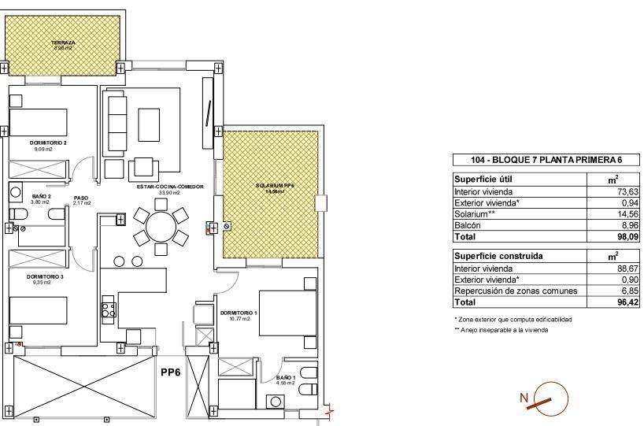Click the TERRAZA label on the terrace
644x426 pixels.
63,43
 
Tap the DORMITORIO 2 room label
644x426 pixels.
47,143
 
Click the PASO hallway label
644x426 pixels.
80,198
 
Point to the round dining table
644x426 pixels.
161,227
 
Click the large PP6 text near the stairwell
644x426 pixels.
172,372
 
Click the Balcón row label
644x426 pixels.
469,224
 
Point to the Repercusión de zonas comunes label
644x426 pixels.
516,291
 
